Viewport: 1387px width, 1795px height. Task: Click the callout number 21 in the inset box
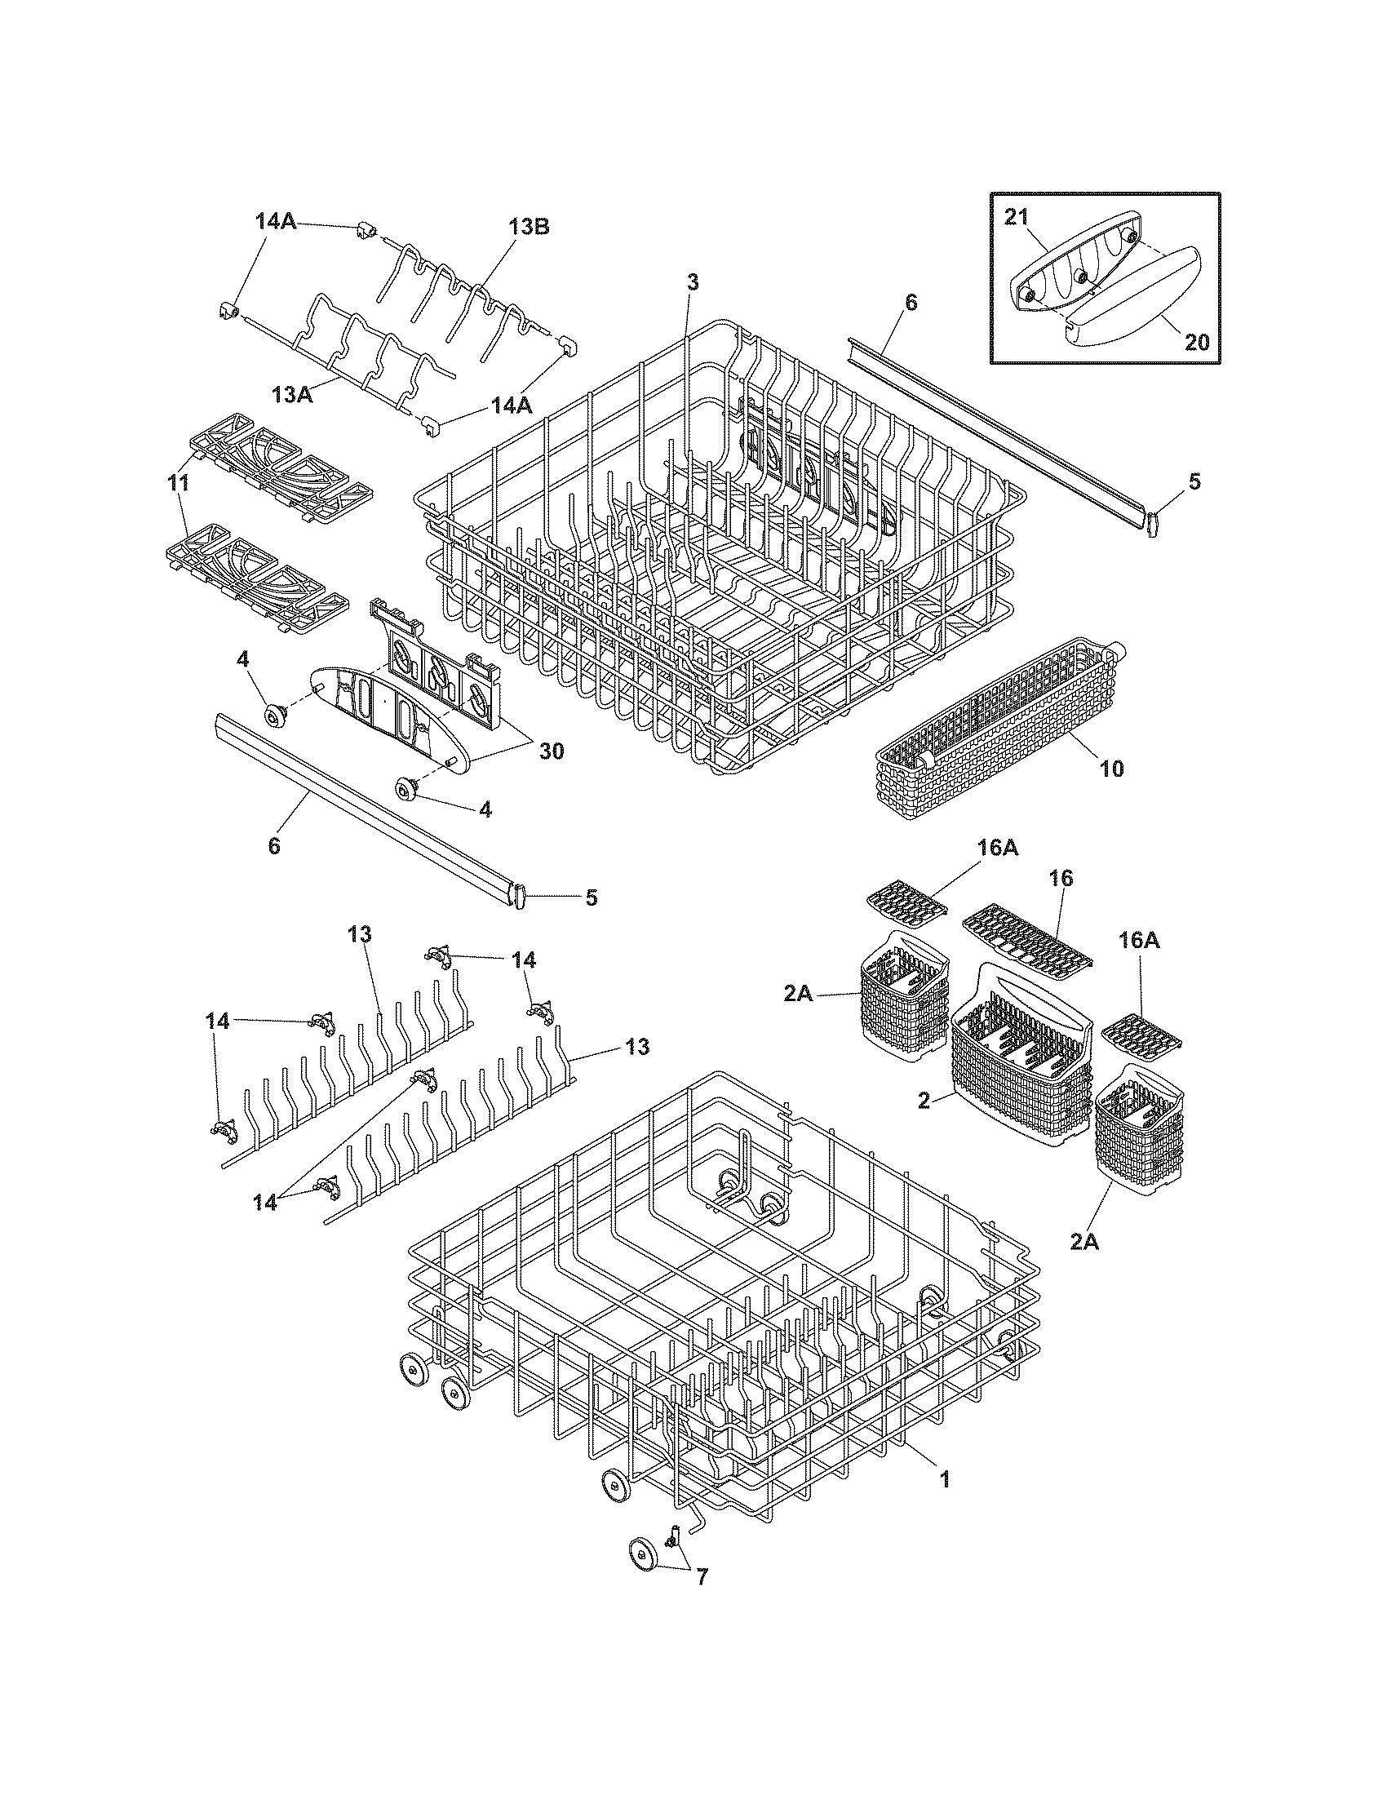pos(1016,217)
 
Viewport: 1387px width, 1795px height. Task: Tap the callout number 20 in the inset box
pos(1196,341)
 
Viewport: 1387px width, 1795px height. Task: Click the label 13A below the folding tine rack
pos(294,395)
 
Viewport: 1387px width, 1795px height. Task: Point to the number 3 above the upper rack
pos(693,283)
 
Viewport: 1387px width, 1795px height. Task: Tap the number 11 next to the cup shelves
pos(179,483)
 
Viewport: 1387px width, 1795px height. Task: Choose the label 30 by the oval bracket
pos(552,750)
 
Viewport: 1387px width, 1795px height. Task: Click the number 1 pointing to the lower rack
pos(945,1479)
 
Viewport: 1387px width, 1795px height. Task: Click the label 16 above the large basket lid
pos(1061,878)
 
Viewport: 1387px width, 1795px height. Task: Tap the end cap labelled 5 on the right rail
pos(1152,524)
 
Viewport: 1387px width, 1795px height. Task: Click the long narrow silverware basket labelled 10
pos(986,723)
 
